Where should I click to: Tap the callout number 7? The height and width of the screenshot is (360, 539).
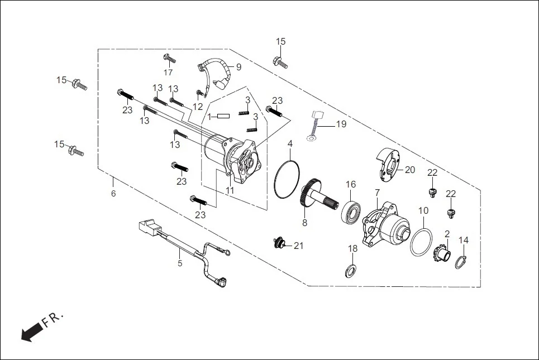pyautogui.click(x=377, y=193)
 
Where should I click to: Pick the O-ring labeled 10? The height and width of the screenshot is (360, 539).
pyautogui.click(x=421, y=242)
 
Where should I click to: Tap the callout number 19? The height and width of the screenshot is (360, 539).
pyautogui.click(x=341, y=124)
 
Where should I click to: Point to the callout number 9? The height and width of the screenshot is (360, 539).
pyautogui.click(x=239, y=67)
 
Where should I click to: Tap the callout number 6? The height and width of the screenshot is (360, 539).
pyautogui.click(x=113, y=194)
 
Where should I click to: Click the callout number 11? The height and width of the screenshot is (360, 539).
pyautogui.click(x=230, y=190)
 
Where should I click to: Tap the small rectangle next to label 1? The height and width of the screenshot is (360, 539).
pyautogui.click(x=223, y=116)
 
